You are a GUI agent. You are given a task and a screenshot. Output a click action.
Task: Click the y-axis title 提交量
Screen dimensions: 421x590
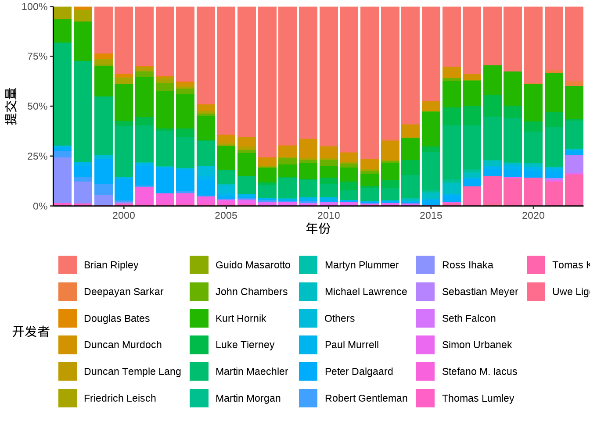pyautogui.click(x=11, y=106)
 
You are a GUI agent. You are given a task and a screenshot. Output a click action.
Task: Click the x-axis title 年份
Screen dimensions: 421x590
pyautogui.click(x=318, y=228)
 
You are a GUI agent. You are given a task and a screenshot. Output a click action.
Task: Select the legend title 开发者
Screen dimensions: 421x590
pyautogui.click(x=31, y=332)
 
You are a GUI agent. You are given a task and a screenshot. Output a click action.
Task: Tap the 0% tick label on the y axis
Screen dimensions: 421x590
pyautogui.click(x=40, y=206)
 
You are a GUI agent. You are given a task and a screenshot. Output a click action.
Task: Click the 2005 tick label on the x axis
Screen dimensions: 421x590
pyautogui.click(x=226, y=215)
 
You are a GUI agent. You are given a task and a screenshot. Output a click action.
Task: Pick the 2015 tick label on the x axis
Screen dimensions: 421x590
pyautogui.click(x=431, y=215)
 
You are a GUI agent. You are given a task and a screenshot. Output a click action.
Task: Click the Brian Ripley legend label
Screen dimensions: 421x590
pyautogui.click(x=111, y=265)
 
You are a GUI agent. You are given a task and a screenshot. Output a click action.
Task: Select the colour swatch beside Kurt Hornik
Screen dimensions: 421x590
pyautogui.click(x=199, y=318)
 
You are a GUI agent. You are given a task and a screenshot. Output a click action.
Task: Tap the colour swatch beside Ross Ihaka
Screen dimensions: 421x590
pyautogui.click(x=425, y=265)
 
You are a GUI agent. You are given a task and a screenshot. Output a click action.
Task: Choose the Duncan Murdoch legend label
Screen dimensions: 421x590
pyautogui.click(x=122, y=345)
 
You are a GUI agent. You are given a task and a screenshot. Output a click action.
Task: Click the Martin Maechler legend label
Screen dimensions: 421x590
pyautogui.click(x=252, y=371)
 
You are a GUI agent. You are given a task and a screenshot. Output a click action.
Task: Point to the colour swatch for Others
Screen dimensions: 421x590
pyautogui.click(x=308, y=318)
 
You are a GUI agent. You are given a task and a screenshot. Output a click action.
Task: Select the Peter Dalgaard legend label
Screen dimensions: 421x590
pyautogui.click(x=359, y=371)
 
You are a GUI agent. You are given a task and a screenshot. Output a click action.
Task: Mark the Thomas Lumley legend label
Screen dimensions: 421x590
pyautogui.click(x=478, y=398)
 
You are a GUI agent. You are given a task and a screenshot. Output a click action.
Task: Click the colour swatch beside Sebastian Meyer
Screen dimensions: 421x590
pyautogui.click(x=425, y=292)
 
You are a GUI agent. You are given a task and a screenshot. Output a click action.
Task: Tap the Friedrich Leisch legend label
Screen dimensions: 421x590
pyautogui.click(x=120, y=398)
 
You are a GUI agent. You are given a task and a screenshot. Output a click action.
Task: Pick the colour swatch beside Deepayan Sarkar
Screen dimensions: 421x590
pyautogui.click(x=68, y=292)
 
